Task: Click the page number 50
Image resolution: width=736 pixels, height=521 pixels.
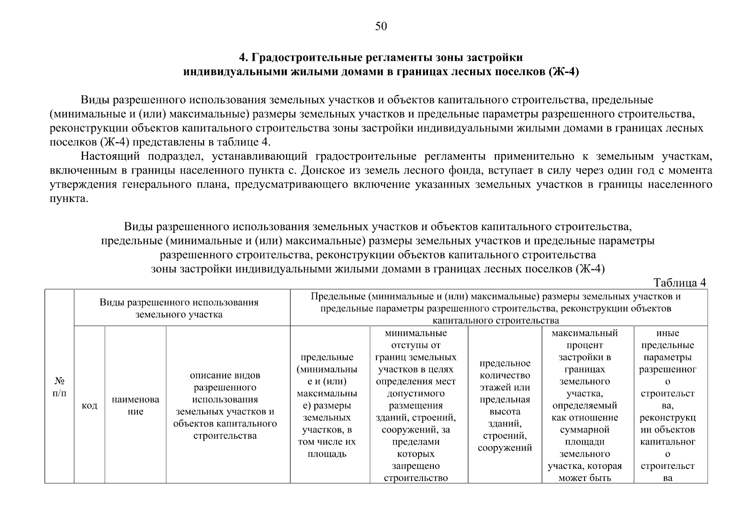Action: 380,26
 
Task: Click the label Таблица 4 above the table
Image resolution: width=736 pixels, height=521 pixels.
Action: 680,282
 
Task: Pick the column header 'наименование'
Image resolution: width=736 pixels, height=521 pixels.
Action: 135,405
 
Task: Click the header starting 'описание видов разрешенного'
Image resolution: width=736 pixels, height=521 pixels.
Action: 225,405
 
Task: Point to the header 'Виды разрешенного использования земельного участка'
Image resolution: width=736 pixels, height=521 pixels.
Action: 179,308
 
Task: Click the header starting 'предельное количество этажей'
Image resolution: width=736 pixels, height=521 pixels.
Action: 505,405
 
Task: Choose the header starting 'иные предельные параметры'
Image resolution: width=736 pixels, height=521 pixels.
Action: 667,405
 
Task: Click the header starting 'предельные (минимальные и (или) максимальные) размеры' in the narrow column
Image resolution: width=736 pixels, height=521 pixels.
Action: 327,405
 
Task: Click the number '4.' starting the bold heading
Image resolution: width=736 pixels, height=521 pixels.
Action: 244,58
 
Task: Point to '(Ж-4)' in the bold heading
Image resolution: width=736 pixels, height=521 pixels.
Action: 563,72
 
